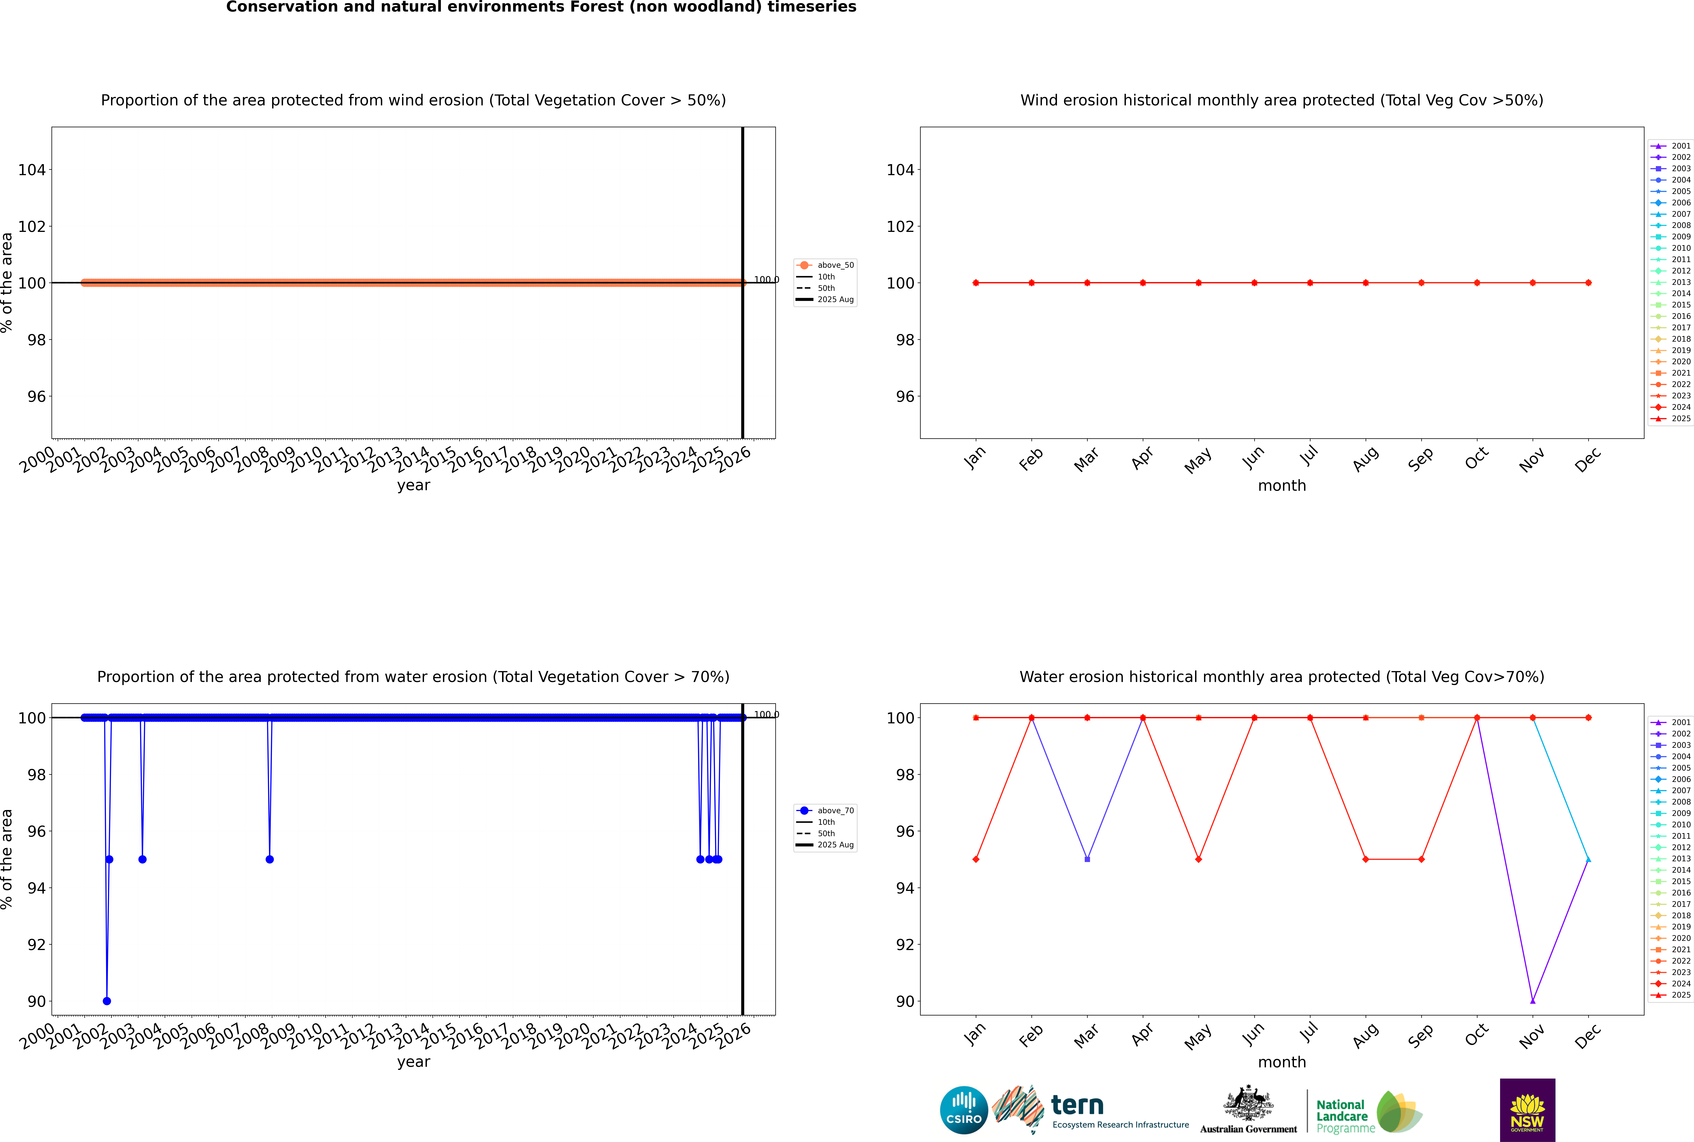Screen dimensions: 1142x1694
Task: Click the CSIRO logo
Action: (x=963, y=1110)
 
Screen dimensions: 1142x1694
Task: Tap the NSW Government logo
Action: (x=1527, y=1109)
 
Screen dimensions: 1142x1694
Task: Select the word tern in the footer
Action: (x=1077, y=1106)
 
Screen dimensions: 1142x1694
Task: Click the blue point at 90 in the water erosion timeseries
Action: (x=107, y=1001)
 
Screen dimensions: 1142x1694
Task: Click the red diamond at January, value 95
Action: (x=976, y=859)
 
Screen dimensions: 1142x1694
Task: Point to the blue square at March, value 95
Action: (x=1087, y=859)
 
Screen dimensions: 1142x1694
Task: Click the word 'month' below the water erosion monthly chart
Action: (x=1282, y=1062)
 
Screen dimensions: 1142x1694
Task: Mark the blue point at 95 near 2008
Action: (x=269, y=859)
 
